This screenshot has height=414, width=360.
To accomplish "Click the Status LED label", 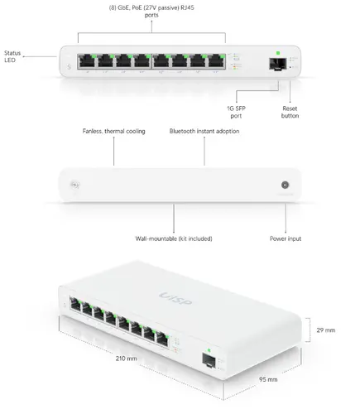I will pos(12,58).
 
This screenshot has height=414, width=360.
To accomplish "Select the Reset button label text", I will pos(290,113).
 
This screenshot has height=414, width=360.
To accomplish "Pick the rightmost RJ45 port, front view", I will pos(216,61).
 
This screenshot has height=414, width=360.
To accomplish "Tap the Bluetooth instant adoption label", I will pos(205,132).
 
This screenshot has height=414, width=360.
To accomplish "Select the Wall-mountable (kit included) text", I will pos(174,238).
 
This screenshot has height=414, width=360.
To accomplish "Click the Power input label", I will pos(286,238).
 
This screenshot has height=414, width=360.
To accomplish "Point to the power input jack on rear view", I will pos(286,186).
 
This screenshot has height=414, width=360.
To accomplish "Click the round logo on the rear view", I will pos(76,186).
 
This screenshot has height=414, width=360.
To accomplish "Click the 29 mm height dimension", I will pos(325,331).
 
